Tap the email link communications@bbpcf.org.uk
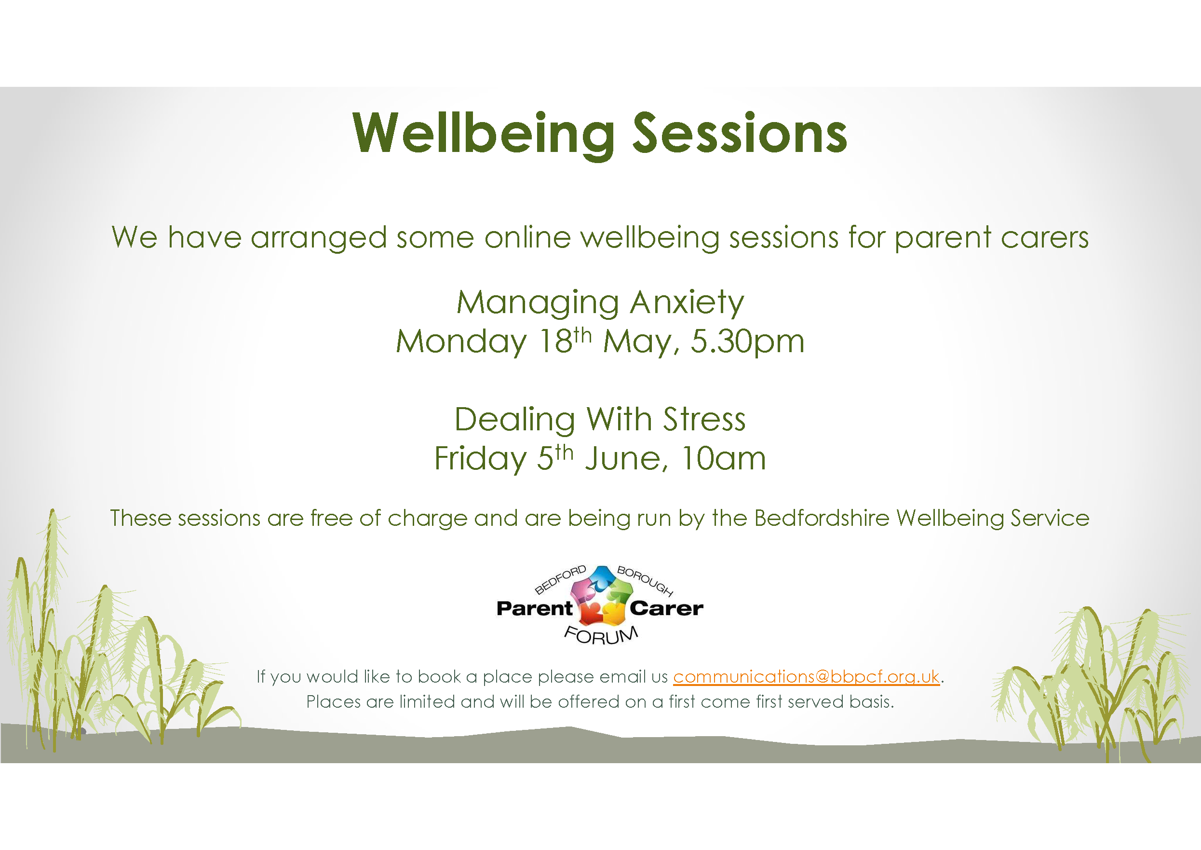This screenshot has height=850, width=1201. pos(806,677)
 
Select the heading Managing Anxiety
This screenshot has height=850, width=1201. pos(600,302)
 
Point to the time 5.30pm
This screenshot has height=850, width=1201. pos(747,341)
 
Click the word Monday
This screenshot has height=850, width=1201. pos(461,341)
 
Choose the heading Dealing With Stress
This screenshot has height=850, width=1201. pos(600,419)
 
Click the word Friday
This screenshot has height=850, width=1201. pos(480,458)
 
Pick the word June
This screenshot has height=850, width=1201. pos(626,458)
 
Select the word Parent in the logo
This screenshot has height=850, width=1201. pos(534,609)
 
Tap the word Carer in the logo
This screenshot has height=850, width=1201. pos(666,609)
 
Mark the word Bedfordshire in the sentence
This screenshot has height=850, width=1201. pos(821,518)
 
